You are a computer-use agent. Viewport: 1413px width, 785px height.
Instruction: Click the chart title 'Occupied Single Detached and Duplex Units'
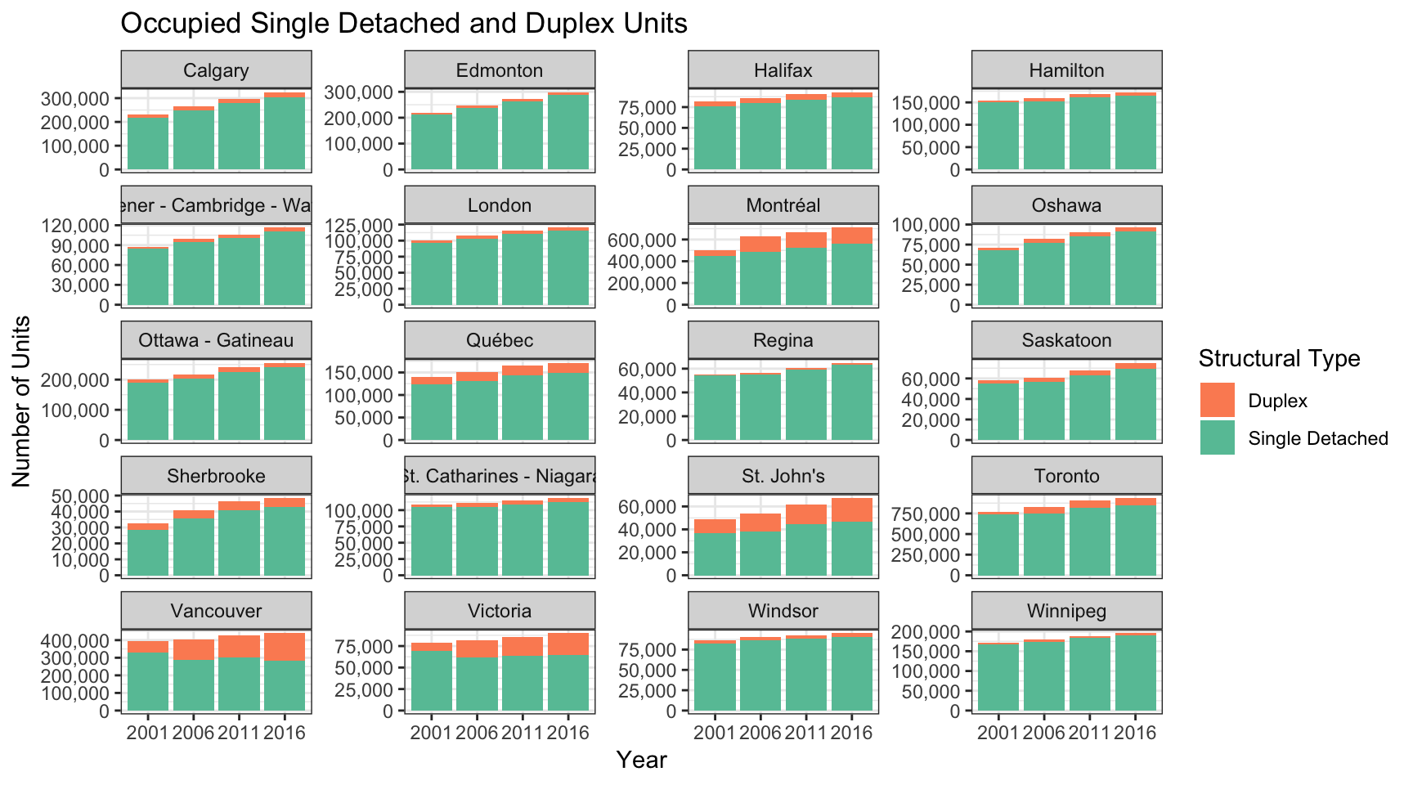tap(403, 24)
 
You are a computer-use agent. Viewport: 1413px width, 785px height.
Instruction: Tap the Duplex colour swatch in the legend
tap(1218, 401)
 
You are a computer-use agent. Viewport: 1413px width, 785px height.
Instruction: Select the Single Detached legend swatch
tap(1218, 438)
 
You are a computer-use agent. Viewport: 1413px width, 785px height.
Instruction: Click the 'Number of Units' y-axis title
tap(21, 401)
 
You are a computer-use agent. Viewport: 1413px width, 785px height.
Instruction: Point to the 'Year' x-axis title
tap(642, 760)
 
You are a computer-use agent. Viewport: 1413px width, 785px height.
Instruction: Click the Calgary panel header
tap(216, 70)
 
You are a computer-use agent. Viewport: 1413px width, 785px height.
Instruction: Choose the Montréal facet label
tap(783, 205)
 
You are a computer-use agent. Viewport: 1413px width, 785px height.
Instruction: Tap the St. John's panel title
tap(783, 476)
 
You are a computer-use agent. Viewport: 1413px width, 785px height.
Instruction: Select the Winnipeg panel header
tap(1067, 611)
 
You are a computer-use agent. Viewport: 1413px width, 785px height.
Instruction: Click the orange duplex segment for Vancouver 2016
tap(285, 646)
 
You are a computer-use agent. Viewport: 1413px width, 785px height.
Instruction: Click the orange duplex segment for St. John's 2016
tap(852, 509)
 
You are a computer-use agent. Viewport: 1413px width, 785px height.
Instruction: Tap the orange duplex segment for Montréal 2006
tap(760, 244)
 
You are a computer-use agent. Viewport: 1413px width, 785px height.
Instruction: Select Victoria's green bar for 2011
tap(523, 683)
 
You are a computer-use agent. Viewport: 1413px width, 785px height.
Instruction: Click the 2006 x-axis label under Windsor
tap(760, 733)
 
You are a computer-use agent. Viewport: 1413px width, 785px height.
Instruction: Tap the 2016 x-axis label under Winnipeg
tap(1136, 733)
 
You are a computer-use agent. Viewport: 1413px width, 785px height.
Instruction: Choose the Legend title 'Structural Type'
tap(1279, 358)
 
